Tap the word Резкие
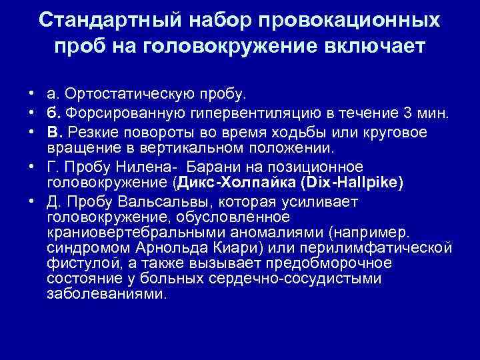(91, 132)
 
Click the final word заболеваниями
(103, 293)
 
